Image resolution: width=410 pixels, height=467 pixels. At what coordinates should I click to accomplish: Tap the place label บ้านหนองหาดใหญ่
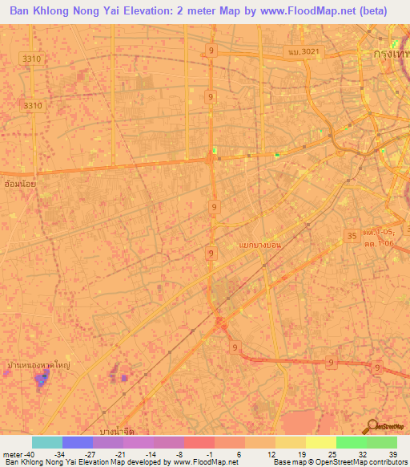point(36,364)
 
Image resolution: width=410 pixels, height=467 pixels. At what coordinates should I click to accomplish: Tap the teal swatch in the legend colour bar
point(46,441)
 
